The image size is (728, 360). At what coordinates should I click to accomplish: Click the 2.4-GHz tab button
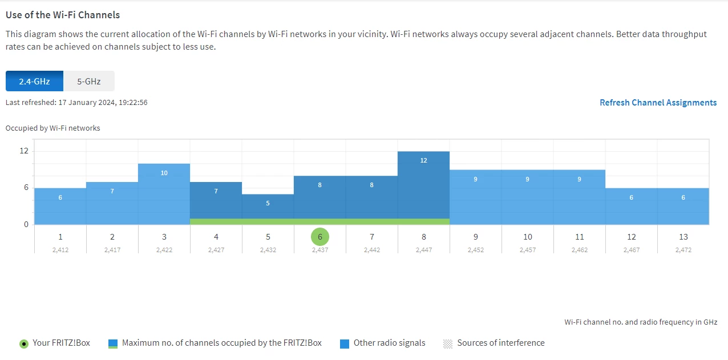pos(34,81)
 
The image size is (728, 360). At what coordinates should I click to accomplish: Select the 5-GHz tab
pos(89,81)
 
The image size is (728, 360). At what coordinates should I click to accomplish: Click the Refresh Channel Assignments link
pos(658,103)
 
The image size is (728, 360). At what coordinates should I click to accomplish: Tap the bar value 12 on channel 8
pos(423,161)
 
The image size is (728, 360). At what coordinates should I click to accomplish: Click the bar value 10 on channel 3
pos(164,173)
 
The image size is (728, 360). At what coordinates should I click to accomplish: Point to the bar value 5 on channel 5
pos(268,203)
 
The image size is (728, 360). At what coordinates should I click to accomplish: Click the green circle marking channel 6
pos(320,237)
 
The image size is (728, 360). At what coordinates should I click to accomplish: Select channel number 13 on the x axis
pos(683,237)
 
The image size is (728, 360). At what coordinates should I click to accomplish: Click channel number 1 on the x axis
pos(60,237)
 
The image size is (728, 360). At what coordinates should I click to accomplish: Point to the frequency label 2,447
pos(424,250)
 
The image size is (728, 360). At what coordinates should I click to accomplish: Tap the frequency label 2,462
pos(579,250)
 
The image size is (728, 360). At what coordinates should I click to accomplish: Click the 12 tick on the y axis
pos(24,151)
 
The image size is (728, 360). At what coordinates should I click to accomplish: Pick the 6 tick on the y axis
pos(25,188)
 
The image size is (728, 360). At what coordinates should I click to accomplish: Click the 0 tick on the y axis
pos(26,224)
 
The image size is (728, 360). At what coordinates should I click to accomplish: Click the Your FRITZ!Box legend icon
pos(23,343)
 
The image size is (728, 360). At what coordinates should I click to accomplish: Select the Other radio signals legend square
pos(345,343)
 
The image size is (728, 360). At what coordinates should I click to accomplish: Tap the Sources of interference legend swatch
pos(448,343)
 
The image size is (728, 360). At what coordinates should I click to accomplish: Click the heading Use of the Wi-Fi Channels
pos(63,15)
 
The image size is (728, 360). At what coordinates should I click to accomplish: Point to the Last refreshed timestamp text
pos(76,103)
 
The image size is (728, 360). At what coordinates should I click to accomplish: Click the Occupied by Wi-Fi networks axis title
pos(52,128)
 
